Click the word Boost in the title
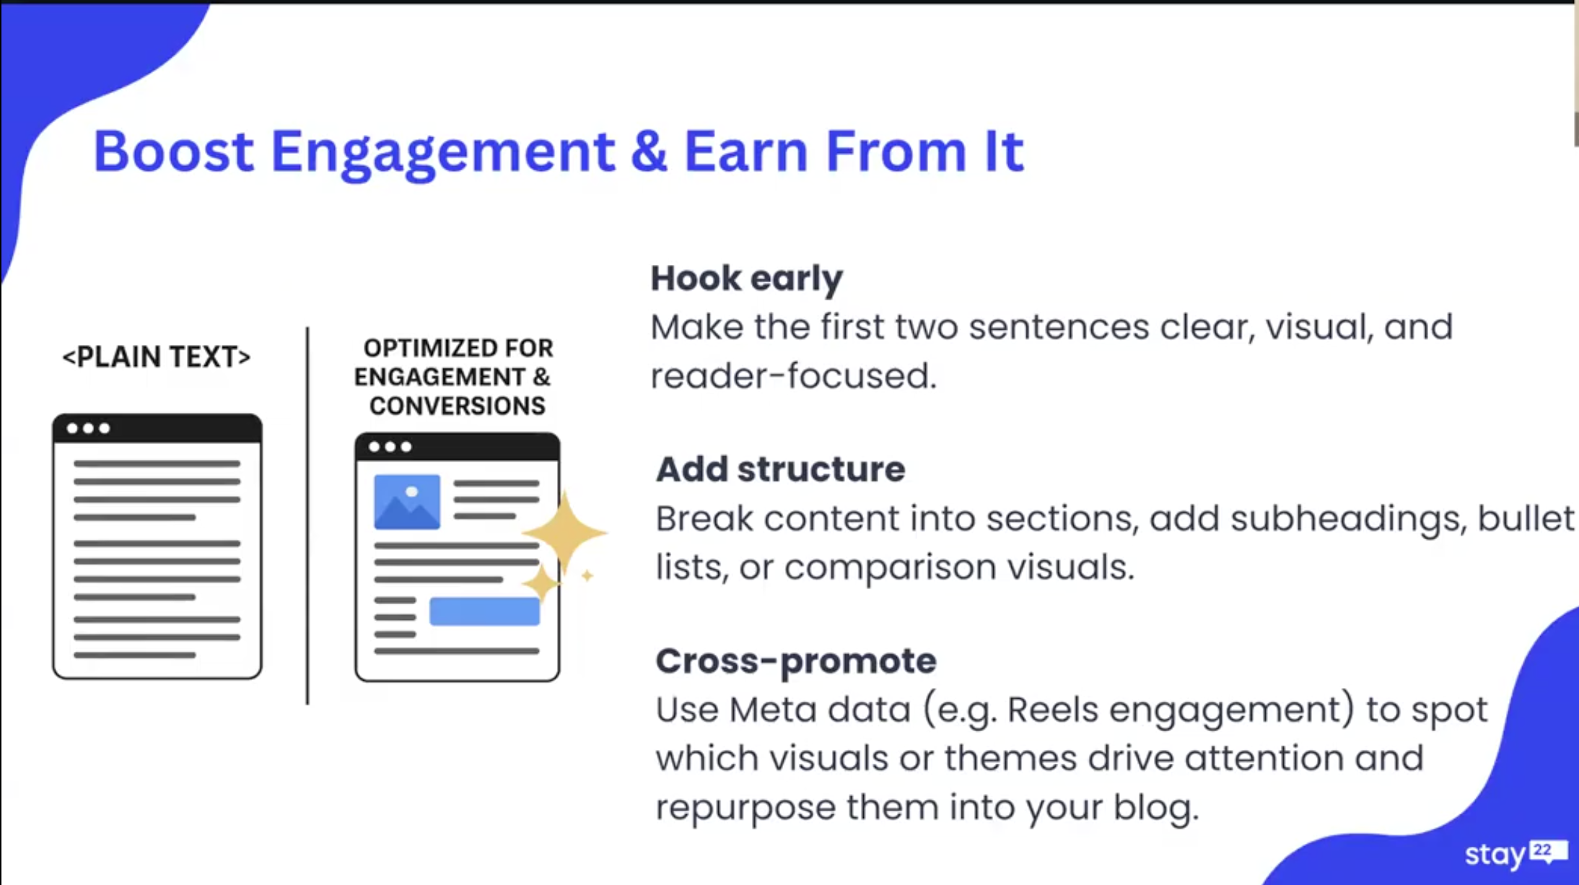coord(173,151)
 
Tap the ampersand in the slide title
coord(649,151)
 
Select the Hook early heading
coord(746,278)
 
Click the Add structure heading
coord(780,469)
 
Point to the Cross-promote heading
coord(796,661)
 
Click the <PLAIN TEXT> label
coord(157,357)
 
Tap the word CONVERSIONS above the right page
coord(458,406)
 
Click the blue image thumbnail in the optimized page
coord(407,502)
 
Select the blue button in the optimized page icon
coord(484,611)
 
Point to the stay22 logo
coord(1515,853)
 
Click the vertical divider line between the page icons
coord(307,515)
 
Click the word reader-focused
coord(793,376)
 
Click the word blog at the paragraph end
coord(1156,807)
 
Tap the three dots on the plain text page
coord(88,428)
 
